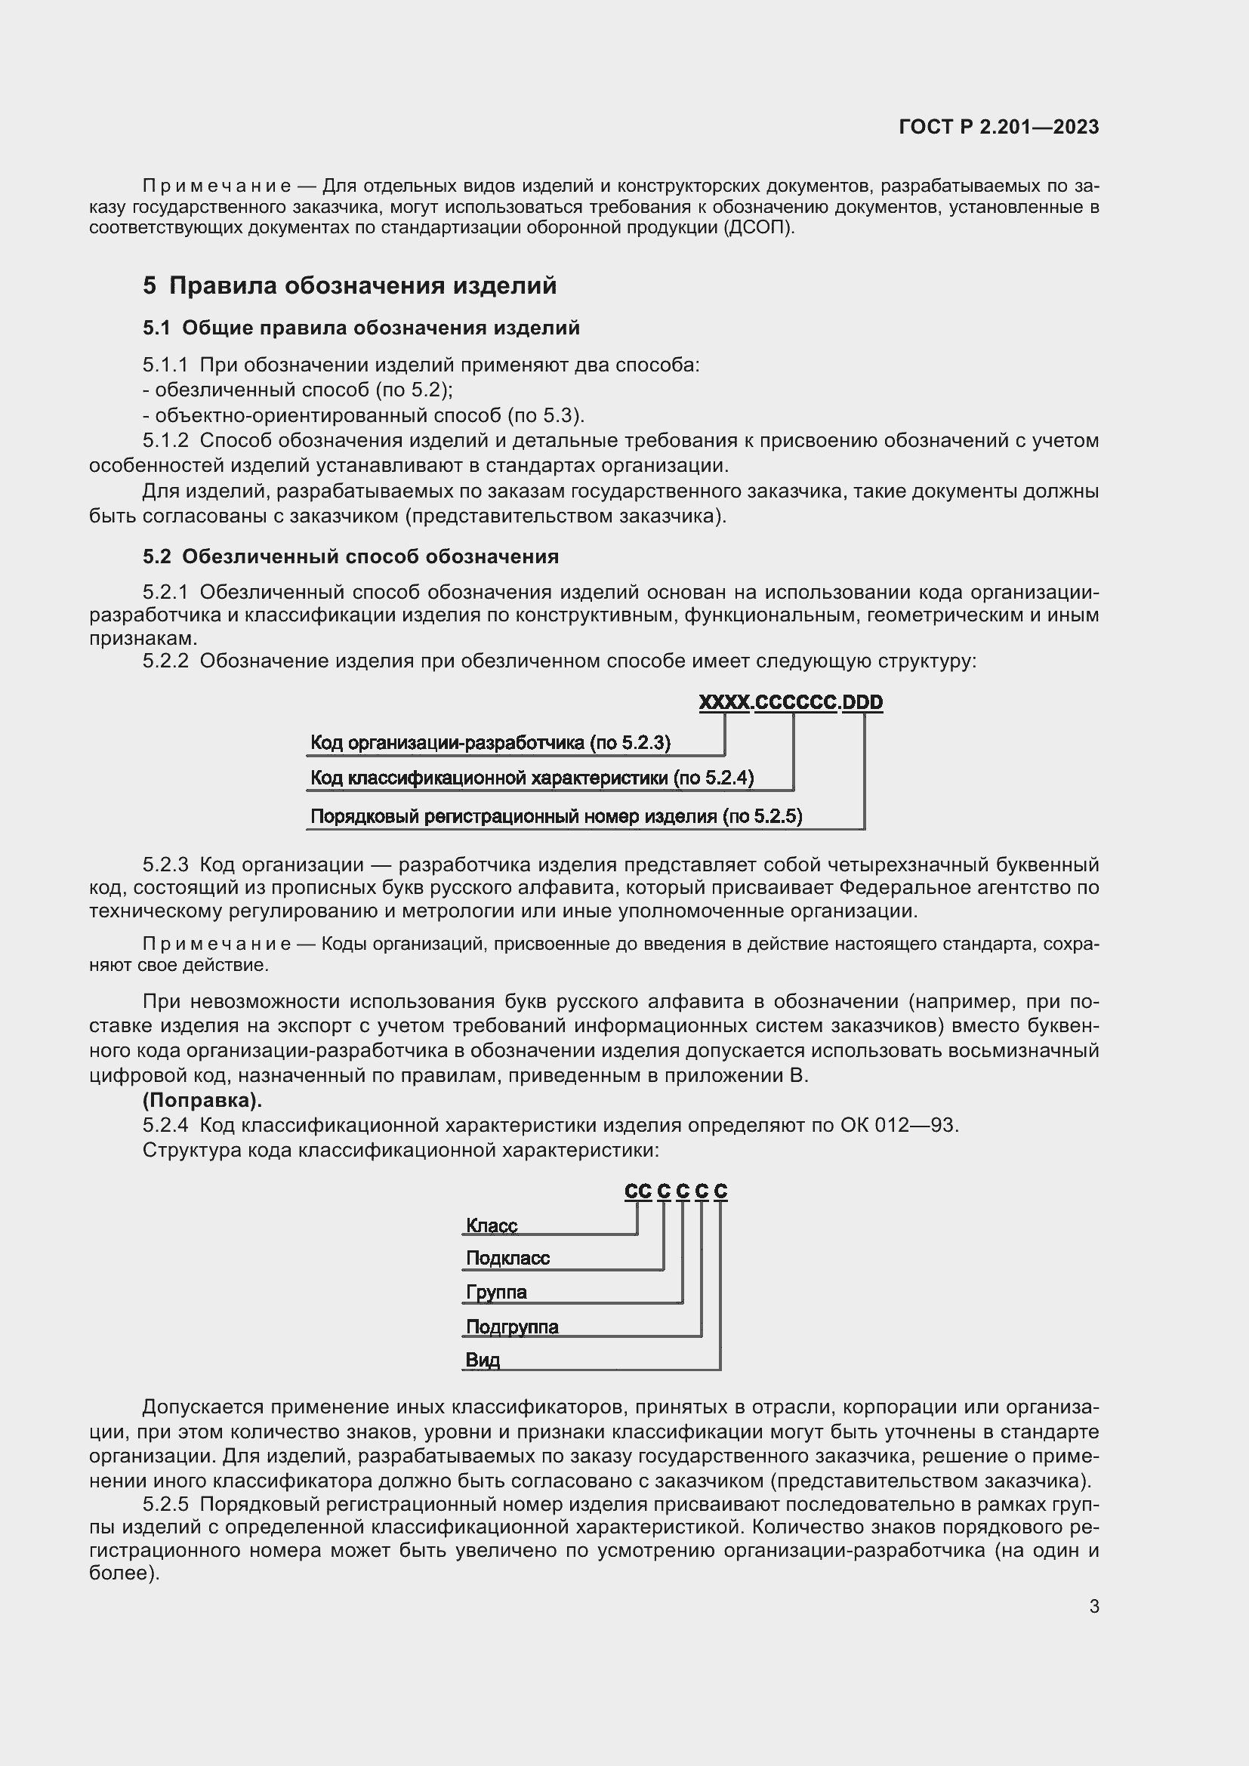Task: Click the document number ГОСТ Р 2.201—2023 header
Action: click(998, 128)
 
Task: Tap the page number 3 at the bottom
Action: click(1093, 1606)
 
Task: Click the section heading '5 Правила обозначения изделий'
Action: click(349, 286)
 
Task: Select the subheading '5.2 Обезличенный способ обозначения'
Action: click(350, 556)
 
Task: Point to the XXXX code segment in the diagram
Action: click(723, 702)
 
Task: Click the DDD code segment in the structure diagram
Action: click(862, 702)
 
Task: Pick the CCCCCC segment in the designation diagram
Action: click(795, 702)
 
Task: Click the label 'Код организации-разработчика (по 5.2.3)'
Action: click(490, 743)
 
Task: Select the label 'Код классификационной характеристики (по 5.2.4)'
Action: click(532, 778)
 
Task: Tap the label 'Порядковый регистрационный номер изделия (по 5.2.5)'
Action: click(555, 816)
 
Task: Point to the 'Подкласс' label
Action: click(507, 1259)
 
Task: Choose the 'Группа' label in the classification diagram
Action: click(496, 1292)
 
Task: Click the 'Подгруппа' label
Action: click(512, 1327)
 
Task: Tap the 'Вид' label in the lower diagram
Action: click(483, 1360)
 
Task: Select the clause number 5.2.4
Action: click(165, 1125)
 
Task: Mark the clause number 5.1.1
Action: click(165, 365)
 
